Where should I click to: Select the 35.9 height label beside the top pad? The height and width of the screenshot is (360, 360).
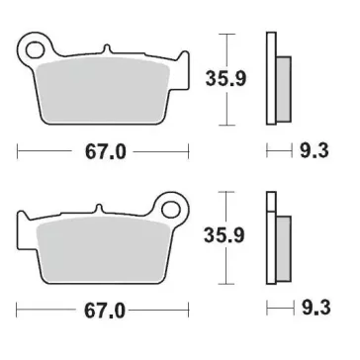tap(252, 78)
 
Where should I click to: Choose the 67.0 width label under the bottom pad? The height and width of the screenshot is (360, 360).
tap(103, 315)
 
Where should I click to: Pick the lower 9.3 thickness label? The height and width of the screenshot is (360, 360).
tap(315, 315)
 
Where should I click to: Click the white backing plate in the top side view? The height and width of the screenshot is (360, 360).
tap(269, 79)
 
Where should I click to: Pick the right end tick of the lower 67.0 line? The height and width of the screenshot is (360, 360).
tap(189, 316)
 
